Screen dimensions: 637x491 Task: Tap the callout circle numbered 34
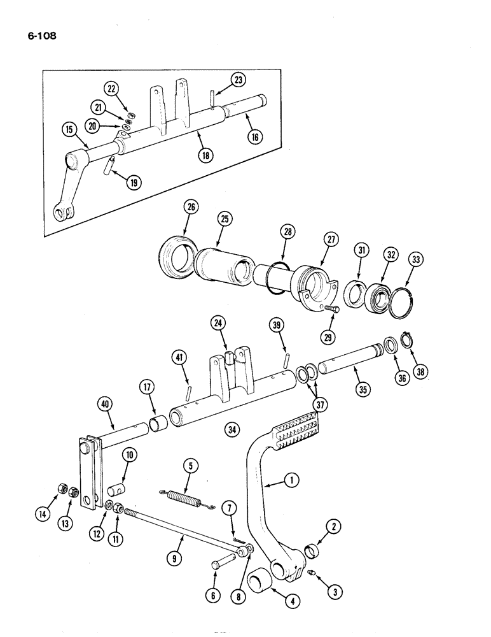[x=232, y=431]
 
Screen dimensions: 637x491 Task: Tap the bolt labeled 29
[x=331, y=309]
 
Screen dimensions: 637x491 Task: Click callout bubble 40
[x=105, y=403]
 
